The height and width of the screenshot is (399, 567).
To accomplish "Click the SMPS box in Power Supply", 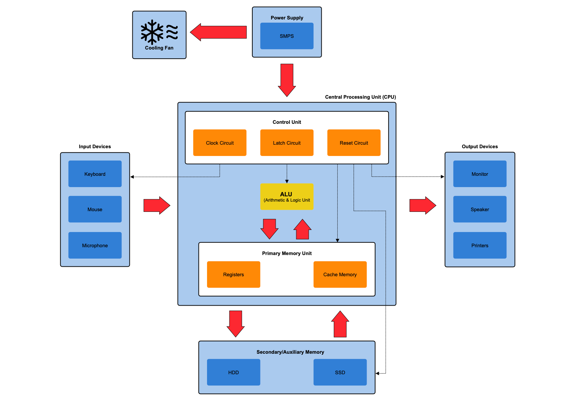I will click(287, 36).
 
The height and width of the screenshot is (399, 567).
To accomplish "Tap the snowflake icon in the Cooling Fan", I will click(152, 32).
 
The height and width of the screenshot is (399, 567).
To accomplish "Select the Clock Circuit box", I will click(220, 143).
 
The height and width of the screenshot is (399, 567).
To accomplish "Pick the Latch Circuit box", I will click(287, 143).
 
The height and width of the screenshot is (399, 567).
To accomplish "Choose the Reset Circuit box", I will click(354, 143).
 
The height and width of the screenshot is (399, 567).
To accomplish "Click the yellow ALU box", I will click(287, 197).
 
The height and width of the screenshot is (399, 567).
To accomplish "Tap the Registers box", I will click(234, 274).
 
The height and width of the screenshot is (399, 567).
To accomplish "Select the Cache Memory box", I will click(340, 274).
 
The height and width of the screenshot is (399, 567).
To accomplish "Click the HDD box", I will click(234, 372).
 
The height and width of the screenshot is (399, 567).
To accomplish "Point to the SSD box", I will click(340, 372).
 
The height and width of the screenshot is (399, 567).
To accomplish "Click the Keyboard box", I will click(95, 174).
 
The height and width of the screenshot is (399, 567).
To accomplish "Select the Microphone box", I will click(95, 245).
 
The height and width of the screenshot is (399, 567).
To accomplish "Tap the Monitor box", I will click(480, 174).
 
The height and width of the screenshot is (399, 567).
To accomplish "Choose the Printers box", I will click(480, 245).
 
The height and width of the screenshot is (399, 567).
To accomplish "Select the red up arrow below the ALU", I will click(303, 230).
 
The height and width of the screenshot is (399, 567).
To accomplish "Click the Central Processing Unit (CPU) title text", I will click(360, 97).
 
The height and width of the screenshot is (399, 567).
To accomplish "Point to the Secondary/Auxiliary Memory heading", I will click(290, 352).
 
